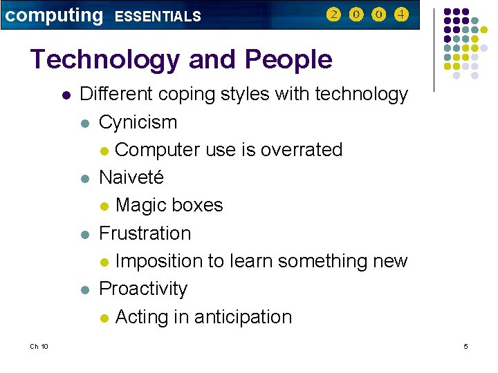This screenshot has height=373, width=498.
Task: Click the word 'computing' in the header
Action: (53, 15)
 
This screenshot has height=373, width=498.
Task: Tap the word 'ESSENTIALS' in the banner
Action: (157, 16)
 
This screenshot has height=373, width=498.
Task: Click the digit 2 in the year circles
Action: (333, 15)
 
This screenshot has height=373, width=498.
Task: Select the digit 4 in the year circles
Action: (400, 15)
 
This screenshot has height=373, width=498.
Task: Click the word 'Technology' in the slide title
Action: (104, 59)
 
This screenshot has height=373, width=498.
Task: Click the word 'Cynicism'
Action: (138, 122)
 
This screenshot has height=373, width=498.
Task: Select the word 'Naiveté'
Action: (131, 178)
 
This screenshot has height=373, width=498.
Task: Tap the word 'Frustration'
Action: (145, 233)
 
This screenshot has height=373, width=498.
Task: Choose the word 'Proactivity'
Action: (143, 289)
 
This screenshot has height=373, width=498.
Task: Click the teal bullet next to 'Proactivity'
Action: (84, 289)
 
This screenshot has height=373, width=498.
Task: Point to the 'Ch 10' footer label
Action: (39, 346)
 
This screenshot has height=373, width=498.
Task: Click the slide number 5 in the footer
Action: (465, 346)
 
